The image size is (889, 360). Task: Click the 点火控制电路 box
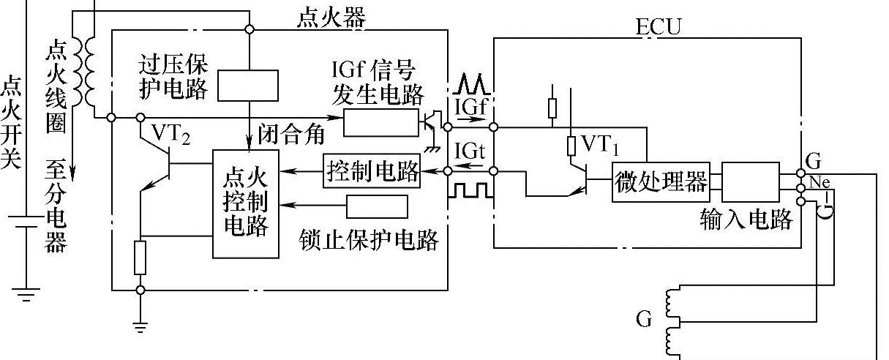pyautogui.click(x=246, y=203)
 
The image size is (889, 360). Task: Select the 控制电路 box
pyautogui.click(x=372, y=172)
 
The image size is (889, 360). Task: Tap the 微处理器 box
pyautogui.click(x=661, y=182)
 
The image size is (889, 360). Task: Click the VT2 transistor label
pyautogui.click(x=171, y=134)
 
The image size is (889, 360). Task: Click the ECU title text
pyautogui.click(x=659, y=28)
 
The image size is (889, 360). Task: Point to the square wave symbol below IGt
pyautogui.click(x=470, y=190)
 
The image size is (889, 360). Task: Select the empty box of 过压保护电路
pyautogui.click(x=249, y=86)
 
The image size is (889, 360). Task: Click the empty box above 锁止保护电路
pyautogui.click(x=378, y=207)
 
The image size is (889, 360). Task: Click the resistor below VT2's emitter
pyautogui.click(x=140, y=258)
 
